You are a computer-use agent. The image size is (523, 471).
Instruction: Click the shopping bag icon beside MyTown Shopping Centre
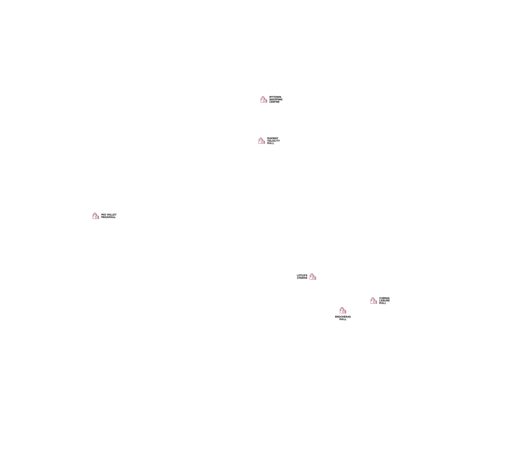tap(264, 100)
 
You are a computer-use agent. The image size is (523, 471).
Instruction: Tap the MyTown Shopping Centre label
tap(275, 100)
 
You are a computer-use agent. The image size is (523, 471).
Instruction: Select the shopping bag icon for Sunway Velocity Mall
tap(261, 141)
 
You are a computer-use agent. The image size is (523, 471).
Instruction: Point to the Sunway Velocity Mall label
tap(273, 141)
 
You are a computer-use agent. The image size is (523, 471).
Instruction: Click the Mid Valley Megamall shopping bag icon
tap(96, 216)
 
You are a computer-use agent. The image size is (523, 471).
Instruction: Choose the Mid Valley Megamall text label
tap(109, 216)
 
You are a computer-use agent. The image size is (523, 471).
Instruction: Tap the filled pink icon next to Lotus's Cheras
tap(313, 277)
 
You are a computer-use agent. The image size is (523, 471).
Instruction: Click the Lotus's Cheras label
tap(302, 276)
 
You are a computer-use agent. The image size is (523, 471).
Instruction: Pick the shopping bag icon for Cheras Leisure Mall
tap(374, 301)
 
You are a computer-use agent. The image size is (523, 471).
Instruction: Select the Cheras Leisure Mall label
tap(384, 301)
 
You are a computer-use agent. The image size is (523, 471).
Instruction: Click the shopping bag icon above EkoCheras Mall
tap(343, 311)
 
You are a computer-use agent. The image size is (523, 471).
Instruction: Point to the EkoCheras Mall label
tap(343, 318)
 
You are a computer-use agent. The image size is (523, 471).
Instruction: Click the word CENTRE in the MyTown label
tap(275, 102)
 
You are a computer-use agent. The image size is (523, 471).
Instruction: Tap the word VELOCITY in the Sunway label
tap(274, 141)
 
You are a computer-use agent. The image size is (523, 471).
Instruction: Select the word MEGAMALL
tap(109, 217)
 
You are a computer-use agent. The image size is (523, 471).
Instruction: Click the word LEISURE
tap(384, 301)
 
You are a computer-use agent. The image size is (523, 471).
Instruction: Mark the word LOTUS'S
tap(302, 275)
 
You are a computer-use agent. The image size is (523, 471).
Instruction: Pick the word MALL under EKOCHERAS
tap(343, 319)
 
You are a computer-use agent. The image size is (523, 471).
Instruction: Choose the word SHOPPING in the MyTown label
tap(276, 100)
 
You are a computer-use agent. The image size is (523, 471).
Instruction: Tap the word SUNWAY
tap(272, 139)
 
